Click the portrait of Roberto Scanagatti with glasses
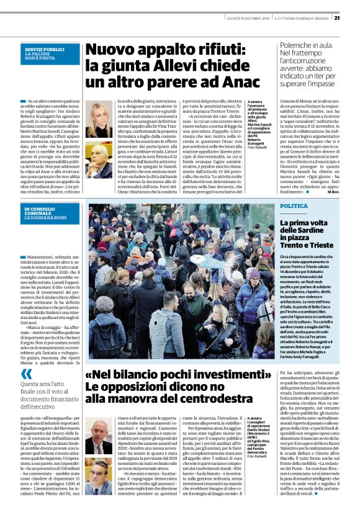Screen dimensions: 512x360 pyautogui.click(x=99, y=159)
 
